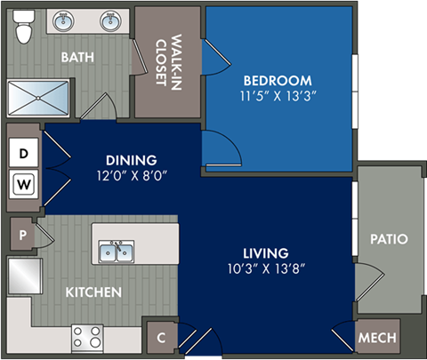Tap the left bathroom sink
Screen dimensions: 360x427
[x=64, y=21]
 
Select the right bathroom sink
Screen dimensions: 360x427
[x=110, y=21]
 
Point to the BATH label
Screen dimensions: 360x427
[x=78, y=57]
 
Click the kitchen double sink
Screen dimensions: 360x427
[x=117, y=252]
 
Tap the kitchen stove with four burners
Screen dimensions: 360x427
[x=89, y=338]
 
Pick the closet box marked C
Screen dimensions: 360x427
[x=160, y=339]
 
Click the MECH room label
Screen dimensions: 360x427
[x=377, y=339]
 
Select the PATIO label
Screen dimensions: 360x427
[x=390, y=239]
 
